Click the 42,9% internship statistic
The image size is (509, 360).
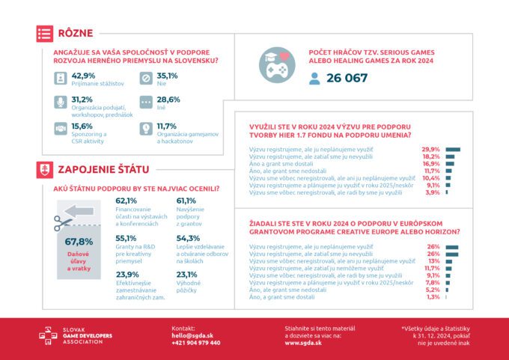(x=83, y=76)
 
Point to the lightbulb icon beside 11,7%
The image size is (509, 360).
(x=146, y=129)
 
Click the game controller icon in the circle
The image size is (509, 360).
(x=277, y=65)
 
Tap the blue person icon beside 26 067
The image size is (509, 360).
(x=314, y=78)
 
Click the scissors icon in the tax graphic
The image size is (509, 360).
(x=62, y=222)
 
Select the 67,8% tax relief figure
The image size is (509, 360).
(x=79, y=242)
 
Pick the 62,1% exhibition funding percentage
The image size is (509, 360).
(x=127, y=201)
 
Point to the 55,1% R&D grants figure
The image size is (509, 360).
(x=127, y=237)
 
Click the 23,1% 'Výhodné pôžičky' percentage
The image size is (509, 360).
(x=187, y=274)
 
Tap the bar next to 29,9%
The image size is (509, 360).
(x=452, y=150)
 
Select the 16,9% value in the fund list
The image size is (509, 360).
(x=431, y=163)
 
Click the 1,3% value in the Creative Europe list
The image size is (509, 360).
(x=433, y=297)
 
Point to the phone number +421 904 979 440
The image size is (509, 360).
(x=196, y=343)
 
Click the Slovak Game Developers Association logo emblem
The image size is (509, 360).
(x=49, y=336)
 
